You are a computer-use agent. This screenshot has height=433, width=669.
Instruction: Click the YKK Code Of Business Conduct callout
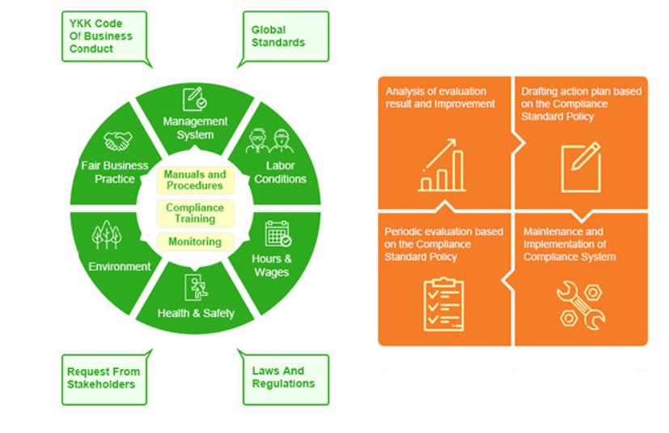click(x=104, y=36)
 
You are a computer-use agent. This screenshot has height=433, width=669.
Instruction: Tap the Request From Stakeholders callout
click(x=104, y=378)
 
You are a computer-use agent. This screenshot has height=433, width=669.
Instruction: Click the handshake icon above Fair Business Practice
click(x=118, y=142)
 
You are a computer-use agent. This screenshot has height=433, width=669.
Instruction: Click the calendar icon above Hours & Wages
click(x=277, y=233)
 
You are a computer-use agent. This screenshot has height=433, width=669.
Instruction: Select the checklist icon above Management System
click(x=195, y=99)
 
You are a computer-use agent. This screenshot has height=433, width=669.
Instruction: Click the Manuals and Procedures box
click(x=195, y=180)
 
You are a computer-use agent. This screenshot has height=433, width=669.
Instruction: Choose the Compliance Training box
click(x=195, y=213)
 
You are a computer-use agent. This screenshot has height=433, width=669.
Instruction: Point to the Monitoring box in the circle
click(x=195, y=242)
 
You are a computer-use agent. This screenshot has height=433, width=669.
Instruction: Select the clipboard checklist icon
click(x=442, y=304)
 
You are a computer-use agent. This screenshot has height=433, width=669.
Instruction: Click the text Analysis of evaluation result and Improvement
click(x=440, y=97)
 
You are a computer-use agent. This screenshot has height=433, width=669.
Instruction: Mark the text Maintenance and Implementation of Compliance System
click(x=570, y=244)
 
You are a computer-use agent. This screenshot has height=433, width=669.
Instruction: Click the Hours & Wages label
click(x=272, y=265)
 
